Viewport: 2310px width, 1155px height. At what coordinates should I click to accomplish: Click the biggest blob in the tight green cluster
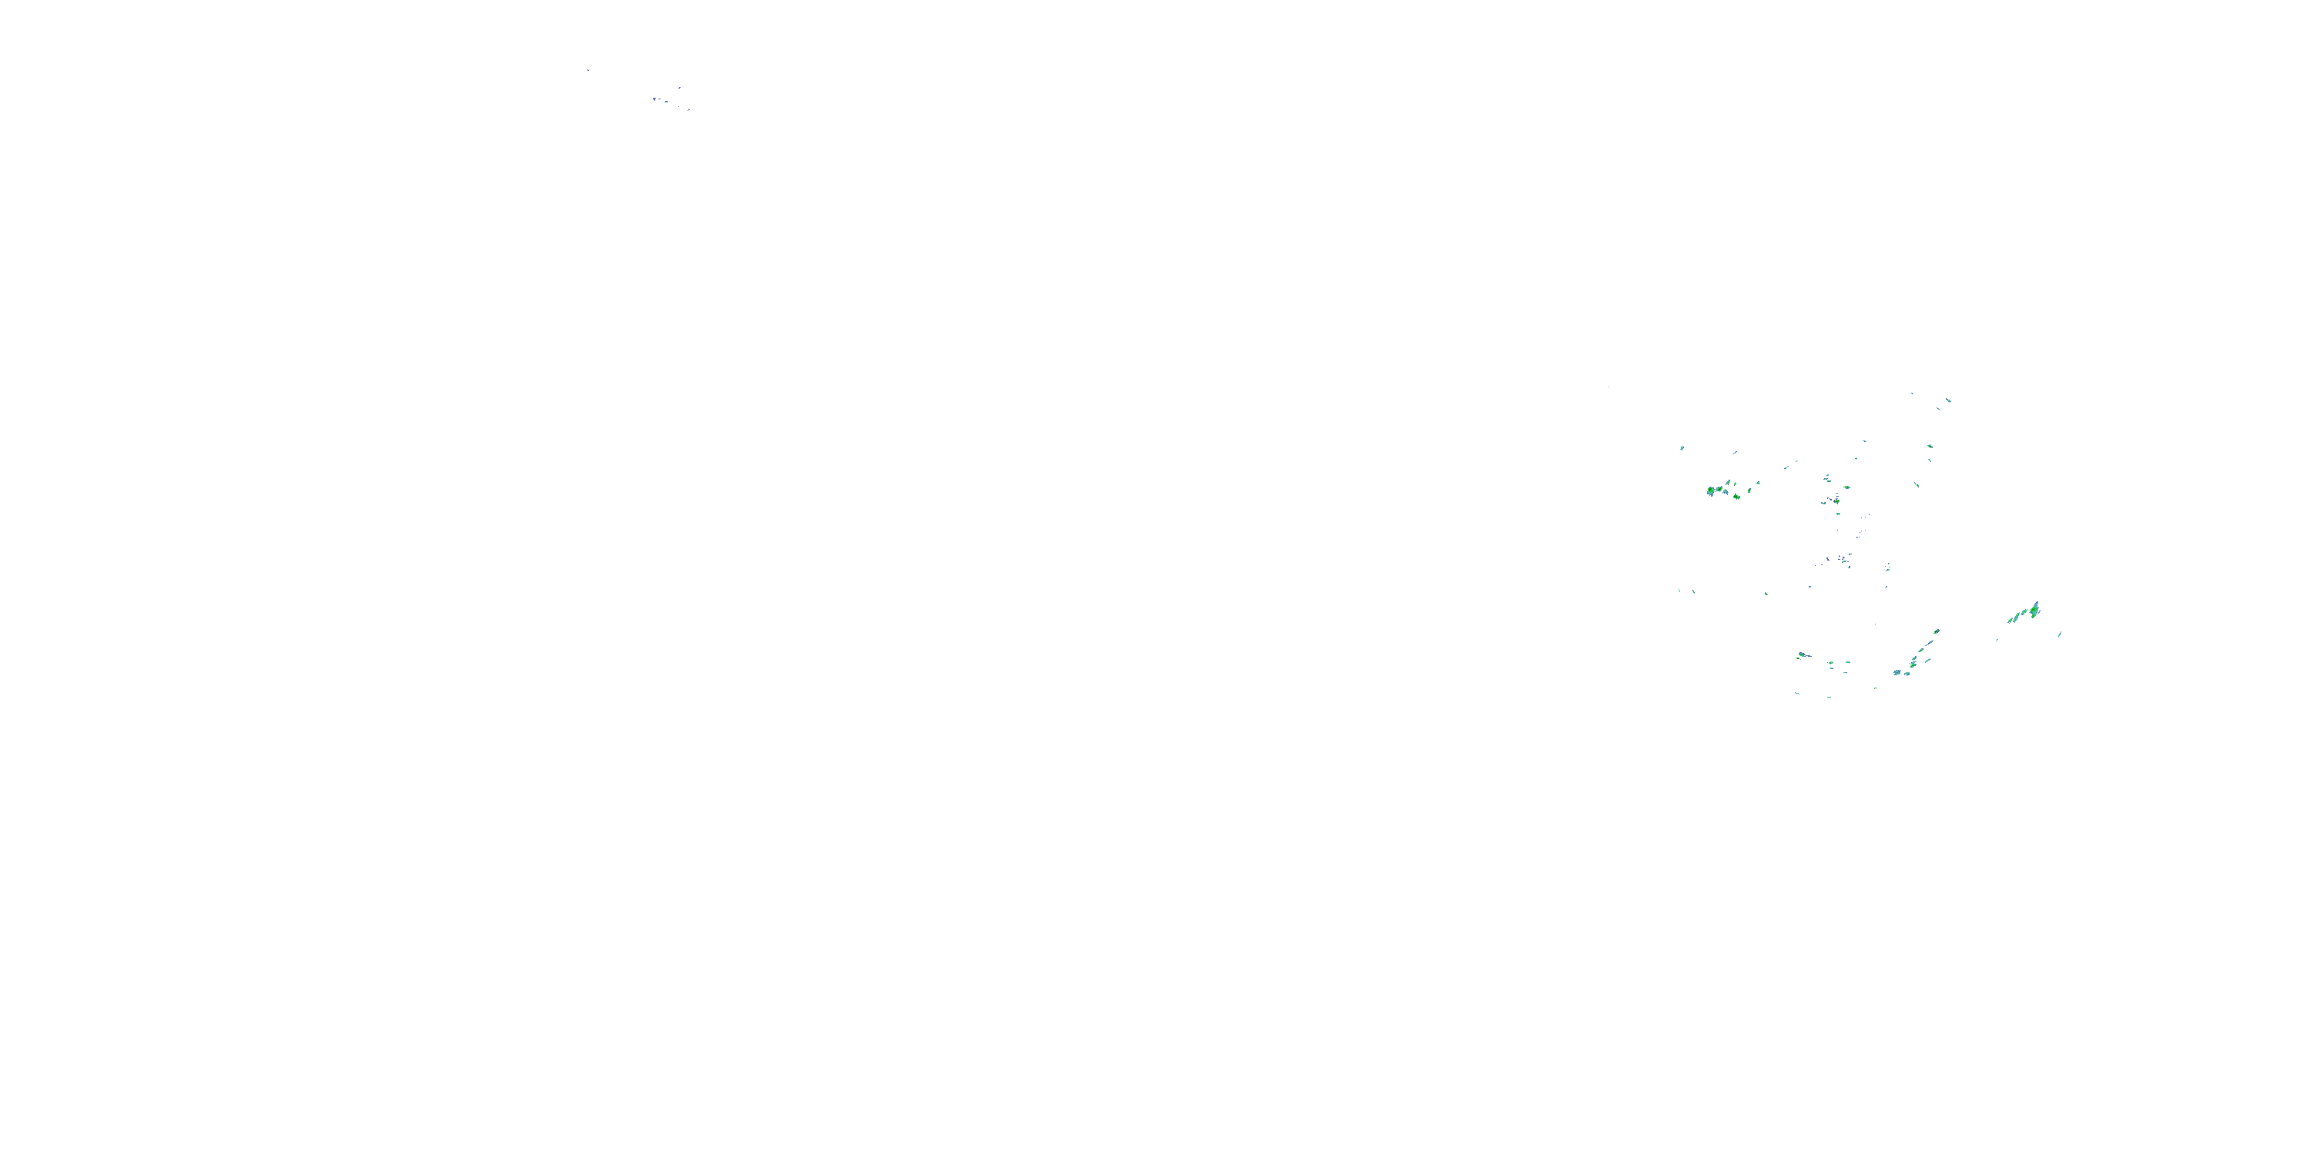pyautogui.click(x=1711, y=490)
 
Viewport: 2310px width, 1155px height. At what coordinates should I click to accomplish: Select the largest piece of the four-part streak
pyautogui.click(x=2034, y=611)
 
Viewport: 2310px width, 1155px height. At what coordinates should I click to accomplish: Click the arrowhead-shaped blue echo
pyautogui.click(x=654, y=99)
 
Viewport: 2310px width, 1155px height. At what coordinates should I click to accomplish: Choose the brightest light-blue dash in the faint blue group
pyautogui.click(x=666, y=102)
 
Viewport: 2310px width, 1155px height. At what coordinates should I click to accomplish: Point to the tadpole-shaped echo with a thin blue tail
pyautogui.click(x=1803, y=654)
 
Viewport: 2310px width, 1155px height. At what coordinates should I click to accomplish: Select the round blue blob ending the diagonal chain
pyautogui.click(x=1897, y=672)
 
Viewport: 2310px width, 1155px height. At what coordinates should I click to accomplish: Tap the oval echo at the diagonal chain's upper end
pyautogui.click(x=1937, y=632)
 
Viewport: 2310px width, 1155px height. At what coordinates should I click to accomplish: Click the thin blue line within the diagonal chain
pyautogui.click(x=1930, y=643)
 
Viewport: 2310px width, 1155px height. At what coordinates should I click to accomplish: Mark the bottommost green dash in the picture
pyautogui.click(x=1830, y=698)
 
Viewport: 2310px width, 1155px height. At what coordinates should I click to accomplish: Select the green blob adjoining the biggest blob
pyautogui.click(x=1719, y=490)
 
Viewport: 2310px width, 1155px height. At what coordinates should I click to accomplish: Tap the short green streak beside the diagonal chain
pyautogui.click(x=1928, y=661)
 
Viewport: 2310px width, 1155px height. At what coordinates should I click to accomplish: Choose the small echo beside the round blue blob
pyautogui.click(x=1907, y=675)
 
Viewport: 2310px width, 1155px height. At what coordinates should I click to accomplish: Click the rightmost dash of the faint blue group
pyautogui.click(x=688, y=110)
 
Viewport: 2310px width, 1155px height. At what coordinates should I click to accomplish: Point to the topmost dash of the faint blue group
pyautogui.click(x=680, y=88)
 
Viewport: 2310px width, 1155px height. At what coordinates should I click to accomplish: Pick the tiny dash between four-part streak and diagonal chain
pyautogui.click(x=1997, y=641)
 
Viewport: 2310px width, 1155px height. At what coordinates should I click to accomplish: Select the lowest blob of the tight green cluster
pyautogui.click(x=1737, y=497)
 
